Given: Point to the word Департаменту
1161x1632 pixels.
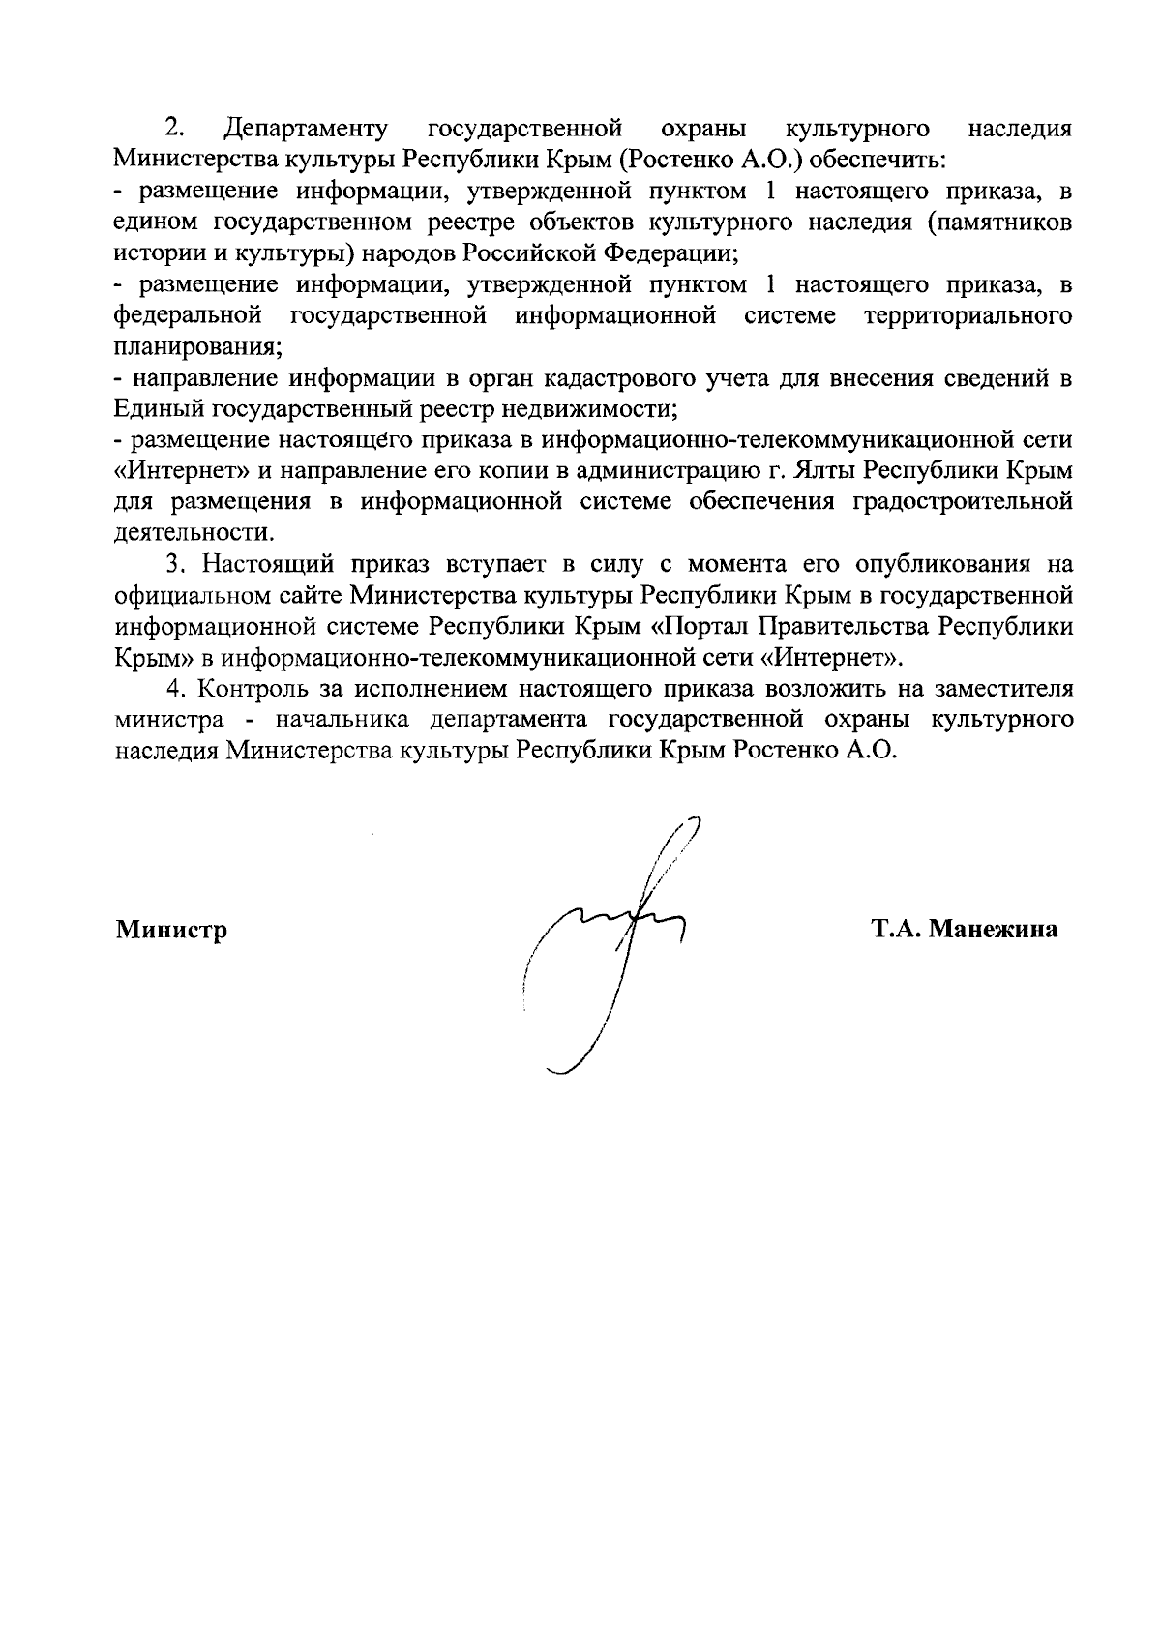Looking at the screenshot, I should point(306,128).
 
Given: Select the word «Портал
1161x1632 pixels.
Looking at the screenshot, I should point(704,626).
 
